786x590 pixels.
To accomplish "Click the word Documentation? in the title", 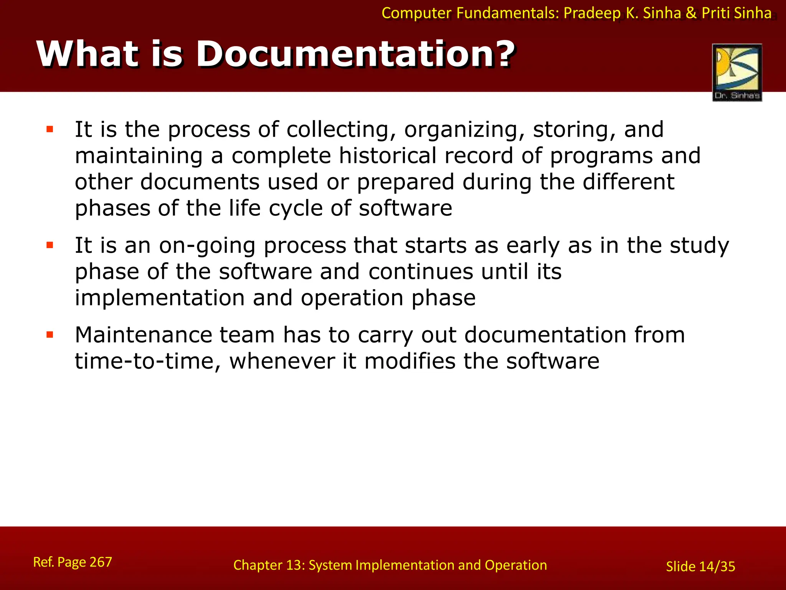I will pos(355,55).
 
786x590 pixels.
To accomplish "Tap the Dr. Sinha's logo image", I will pos(737,72).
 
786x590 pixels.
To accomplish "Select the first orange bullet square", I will pos(50,129).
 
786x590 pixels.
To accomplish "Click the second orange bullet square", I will pos(50,245).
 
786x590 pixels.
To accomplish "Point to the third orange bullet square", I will pos(50,335).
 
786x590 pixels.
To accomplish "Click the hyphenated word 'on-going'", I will pos(207,246).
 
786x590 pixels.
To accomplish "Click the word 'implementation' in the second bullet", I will pos(159,298).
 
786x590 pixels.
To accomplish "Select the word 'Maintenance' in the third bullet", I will pos(143,335).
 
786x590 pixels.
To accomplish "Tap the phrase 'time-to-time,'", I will pos(148,361).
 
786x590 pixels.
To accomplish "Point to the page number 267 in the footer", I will pos(101,562).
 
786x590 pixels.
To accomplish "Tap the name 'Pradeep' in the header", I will pos(591,13).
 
